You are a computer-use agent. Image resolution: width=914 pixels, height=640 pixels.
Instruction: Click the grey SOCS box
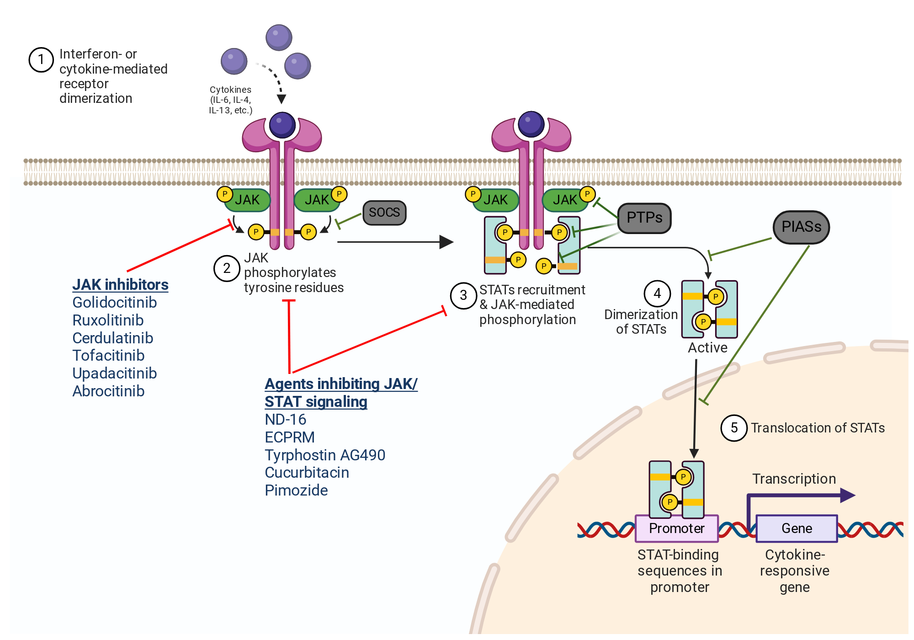tap(384, 213)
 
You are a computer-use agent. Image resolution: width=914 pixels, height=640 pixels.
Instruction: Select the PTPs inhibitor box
tap(644, 218)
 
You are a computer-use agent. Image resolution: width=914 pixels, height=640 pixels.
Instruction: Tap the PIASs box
tap(801, 227)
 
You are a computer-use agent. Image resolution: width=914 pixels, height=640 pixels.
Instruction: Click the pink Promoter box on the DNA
tap(677, 528)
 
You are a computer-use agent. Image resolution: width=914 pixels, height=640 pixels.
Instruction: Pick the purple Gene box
tap(797, 528)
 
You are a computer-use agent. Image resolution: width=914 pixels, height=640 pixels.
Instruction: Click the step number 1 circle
tap(41, 60)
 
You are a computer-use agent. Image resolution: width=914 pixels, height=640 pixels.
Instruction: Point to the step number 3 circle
tap(463, 296)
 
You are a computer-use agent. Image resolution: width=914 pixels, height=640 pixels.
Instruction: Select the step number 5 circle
tap(734, 428)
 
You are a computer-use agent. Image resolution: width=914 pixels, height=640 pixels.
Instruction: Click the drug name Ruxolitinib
tap(108, 320)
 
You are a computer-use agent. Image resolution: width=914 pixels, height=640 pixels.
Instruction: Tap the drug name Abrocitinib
tap(108, 391)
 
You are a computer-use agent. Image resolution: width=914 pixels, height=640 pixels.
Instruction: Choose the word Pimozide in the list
tap(296, 491)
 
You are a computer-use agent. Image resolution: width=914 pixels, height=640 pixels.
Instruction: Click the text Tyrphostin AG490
tap(325, 455)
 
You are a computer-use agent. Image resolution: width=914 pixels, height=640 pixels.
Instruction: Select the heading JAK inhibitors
tap(120, 284)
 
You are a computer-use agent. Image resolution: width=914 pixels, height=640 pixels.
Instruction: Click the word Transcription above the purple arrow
tap(794, 479)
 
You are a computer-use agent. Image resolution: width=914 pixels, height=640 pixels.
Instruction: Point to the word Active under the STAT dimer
tap(707, 348)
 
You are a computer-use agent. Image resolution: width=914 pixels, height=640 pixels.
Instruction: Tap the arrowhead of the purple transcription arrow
tap(848, 495)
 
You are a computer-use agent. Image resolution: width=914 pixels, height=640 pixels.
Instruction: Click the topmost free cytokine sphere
tap(279, 37)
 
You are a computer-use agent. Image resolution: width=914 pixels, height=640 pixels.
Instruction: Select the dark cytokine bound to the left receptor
tap(282, 125)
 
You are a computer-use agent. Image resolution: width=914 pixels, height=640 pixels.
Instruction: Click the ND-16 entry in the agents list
tap(285, 420)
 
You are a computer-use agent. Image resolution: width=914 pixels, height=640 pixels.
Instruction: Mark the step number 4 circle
tap(657, 293)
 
